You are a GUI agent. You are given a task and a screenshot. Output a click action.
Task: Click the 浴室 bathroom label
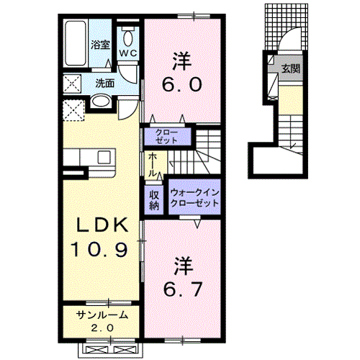click(x=100, y=45)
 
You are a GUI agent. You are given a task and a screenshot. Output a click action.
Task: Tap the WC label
click(x=128, y=53)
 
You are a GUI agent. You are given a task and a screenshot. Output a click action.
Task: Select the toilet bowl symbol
click(x=127, y=38)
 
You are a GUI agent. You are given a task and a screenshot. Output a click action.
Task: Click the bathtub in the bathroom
click(x=76, y=43)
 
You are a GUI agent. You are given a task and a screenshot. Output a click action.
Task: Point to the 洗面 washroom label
click(x=105, y=84)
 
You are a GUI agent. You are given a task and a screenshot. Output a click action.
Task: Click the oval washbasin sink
click(x=101, y=102)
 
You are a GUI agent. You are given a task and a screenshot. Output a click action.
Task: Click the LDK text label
click(x=102, y=225)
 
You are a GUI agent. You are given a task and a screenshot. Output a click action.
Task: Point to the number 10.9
click(x=99, y=249)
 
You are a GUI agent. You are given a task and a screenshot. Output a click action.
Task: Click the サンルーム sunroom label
click(x=102, y=315)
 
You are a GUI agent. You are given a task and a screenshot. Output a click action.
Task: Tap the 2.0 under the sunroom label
click(x=102, y=328)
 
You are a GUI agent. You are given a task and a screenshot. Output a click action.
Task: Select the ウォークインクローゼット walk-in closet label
click(x=194, y=197)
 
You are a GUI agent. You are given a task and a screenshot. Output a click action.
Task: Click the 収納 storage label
click(x=154, y=200)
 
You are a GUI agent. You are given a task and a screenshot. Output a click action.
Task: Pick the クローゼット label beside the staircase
click(x=166, y=137)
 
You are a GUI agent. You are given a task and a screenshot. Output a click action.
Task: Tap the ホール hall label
click(x=153, y=165)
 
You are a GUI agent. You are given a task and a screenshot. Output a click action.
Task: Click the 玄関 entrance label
click(x=291, y=68)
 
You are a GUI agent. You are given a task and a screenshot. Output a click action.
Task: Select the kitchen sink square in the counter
click(x=104, y=157)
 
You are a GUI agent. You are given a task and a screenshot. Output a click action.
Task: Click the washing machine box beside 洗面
click(x=72, y=84)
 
